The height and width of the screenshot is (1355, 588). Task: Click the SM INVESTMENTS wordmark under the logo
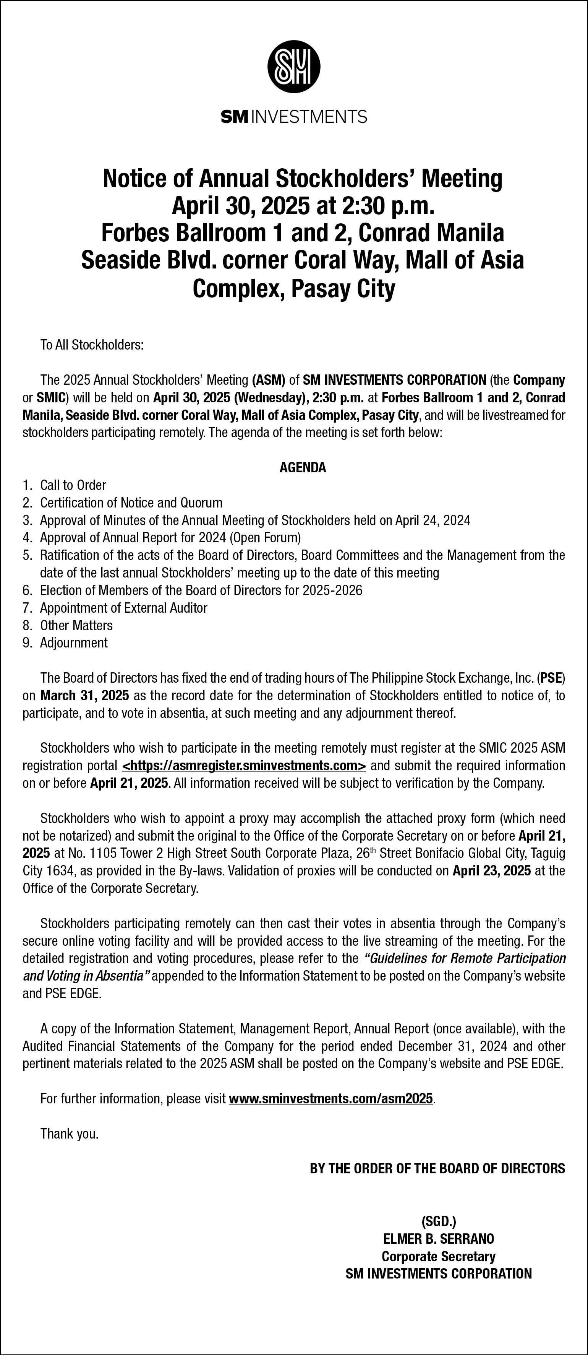[294, 116]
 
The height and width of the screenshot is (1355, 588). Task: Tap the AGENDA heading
[303, 468]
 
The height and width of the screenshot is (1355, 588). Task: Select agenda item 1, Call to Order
[73, 485]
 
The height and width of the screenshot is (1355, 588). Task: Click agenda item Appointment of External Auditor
[123, 608]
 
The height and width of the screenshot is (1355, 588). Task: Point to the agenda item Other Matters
[76, 625]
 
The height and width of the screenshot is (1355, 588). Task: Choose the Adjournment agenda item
[74, 643]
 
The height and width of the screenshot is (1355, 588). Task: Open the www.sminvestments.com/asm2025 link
[331, 1098]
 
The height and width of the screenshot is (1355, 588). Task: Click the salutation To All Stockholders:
[92, 345]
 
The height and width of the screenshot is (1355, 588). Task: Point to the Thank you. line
[70, 1134]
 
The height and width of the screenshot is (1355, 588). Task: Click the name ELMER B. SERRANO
[438, 1239]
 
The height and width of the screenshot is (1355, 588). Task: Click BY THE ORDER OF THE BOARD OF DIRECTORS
[437, 1168]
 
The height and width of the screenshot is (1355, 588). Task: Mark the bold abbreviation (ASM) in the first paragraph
[269, 380]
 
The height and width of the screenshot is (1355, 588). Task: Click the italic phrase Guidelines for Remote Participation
[465, 958]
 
